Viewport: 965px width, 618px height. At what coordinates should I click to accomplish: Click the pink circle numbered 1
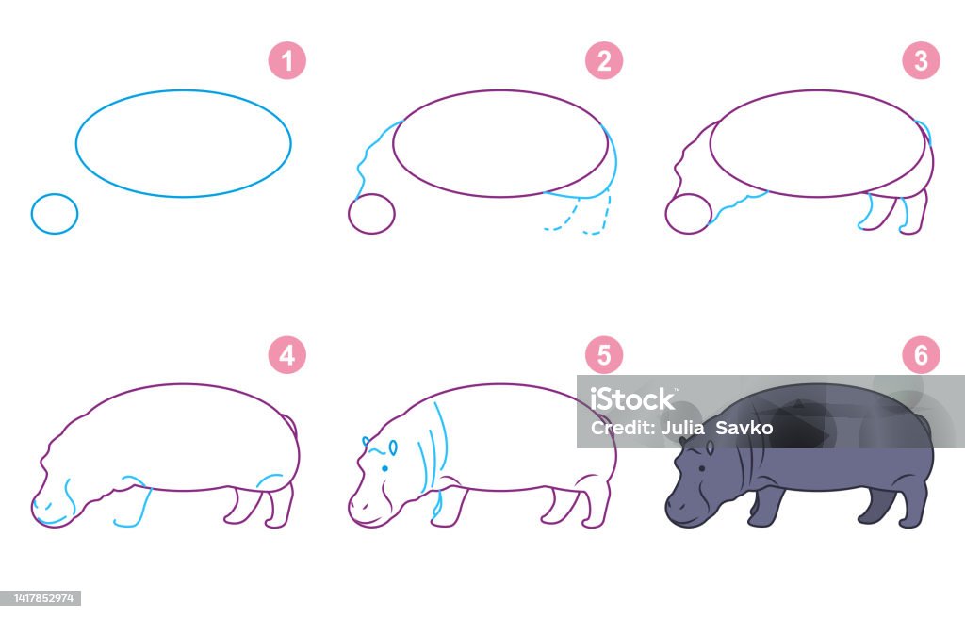286,61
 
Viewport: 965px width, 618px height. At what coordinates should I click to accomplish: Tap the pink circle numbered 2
604,61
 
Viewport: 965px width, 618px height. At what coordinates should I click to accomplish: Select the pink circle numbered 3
921,61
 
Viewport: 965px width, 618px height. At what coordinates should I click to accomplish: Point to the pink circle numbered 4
286,355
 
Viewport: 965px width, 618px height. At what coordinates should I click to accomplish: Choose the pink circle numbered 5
604,355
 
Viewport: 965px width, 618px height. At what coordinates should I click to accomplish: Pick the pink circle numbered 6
921,355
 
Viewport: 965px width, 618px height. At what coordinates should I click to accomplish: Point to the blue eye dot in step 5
384,468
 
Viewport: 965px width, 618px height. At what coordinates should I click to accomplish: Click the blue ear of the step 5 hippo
393,447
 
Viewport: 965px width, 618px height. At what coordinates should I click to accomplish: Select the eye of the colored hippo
701,469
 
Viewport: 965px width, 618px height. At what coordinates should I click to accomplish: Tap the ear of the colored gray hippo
711,447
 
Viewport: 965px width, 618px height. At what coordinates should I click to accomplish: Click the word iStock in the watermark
632,399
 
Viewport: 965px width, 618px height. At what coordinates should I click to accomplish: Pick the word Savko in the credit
744,427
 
